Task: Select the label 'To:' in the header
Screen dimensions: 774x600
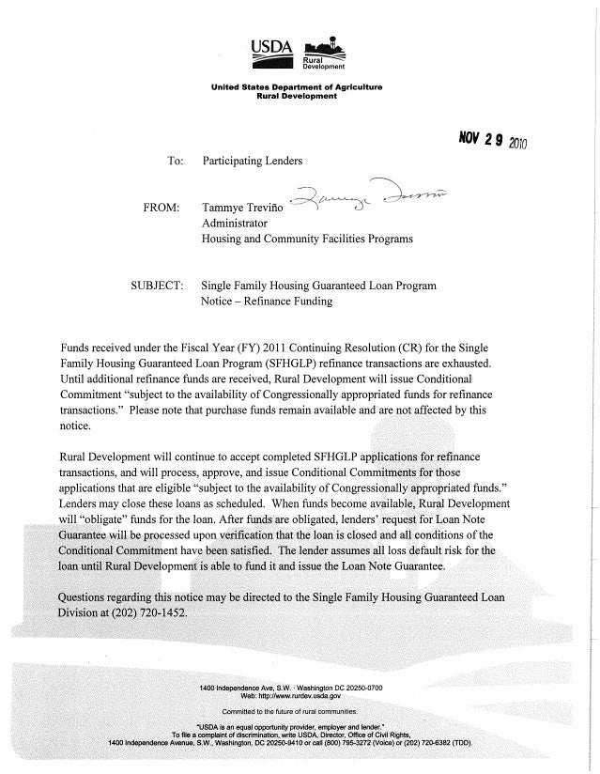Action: (175, 162)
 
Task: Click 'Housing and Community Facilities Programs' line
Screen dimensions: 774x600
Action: (309, 240)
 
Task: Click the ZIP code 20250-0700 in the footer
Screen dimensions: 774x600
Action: (350, 689)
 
